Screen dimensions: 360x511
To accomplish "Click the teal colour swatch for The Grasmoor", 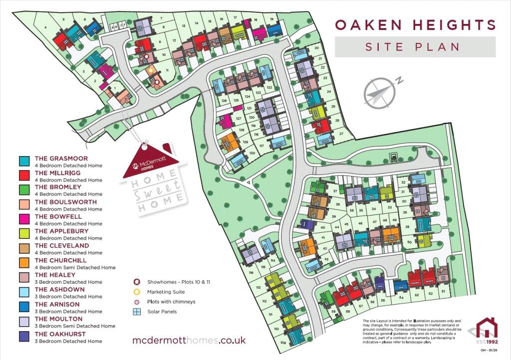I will coord(24,161).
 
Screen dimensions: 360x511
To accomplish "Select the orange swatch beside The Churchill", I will coord(24,263).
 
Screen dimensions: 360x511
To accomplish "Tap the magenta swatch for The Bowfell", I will coord(24,219).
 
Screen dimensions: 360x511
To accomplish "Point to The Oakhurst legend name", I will coord(60,334).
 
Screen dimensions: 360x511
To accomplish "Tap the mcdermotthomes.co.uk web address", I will coord(189,340).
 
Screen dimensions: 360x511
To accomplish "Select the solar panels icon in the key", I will coord(137,312).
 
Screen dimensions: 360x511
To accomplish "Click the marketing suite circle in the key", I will coord(137,292).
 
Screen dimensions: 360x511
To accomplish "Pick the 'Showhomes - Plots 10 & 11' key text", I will coord(179,282).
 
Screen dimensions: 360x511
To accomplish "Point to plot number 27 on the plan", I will coord(341,134).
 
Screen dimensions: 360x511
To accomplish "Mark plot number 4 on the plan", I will coord(45,27).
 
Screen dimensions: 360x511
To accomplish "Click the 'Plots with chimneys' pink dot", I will coord(137,302).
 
